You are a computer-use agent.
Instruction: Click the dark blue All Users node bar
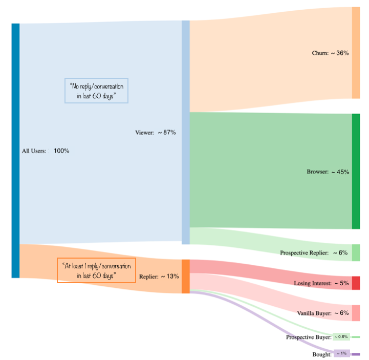pos(15,151)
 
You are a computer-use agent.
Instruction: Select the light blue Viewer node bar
pos(186,132)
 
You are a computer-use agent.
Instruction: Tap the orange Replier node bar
pos(186,277)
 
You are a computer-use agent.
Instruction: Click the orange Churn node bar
pos(356,53)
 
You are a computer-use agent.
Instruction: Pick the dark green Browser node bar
pos(356,172)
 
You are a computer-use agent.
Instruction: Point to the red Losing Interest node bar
pos(356,283)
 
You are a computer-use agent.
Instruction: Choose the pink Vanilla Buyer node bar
pos(356,313)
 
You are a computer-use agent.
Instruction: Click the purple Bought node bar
pos(356,354)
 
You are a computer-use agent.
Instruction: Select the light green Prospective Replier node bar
pos(356,252)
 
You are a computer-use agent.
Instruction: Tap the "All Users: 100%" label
pos(46,151)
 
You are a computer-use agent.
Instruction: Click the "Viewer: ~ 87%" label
pos(156,133)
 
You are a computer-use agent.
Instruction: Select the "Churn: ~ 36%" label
pos(330,53)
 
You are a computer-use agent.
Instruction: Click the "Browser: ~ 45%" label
pos(328,172)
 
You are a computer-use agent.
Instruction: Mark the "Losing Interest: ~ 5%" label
pos(321,283)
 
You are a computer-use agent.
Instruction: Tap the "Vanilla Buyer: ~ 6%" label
pos(322,313)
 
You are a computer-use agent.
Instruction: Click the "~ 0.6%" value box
pos(341,337)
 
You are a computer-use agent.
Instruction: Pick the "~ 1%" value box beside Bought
pos(341,354)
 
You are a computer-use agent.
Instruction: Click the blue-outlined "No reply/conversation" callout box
pos(96,91)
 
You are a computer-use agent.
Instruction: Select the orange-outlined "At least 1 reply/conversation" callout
pos(96,270)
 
